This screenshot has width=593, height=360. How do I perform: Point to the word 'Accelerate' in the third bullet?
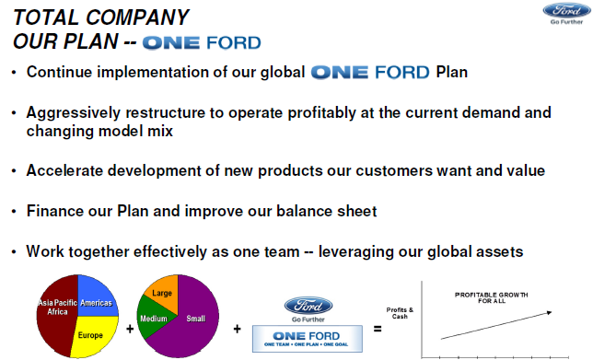(67, 170)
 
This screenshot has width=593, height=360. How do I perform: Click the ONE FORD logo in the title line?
(202, 42)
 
